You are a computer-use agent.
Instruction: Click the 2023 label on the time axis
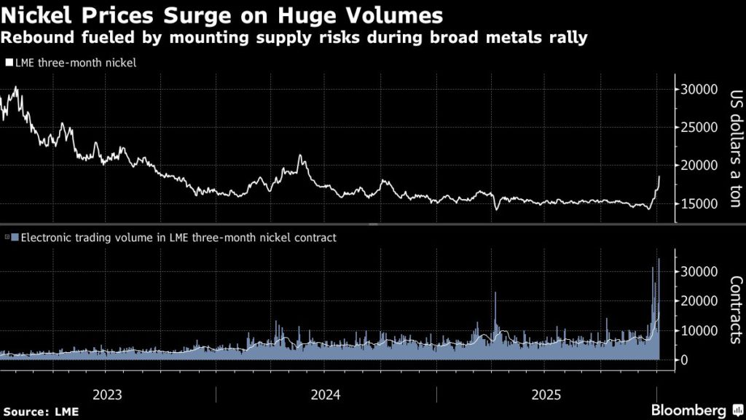click(x=107, y=395)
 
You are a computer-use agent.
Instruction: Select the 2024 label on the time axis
click(x=326, y=395)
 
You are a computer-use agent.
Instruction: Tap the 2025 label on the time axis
click(x=546, y=395)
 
